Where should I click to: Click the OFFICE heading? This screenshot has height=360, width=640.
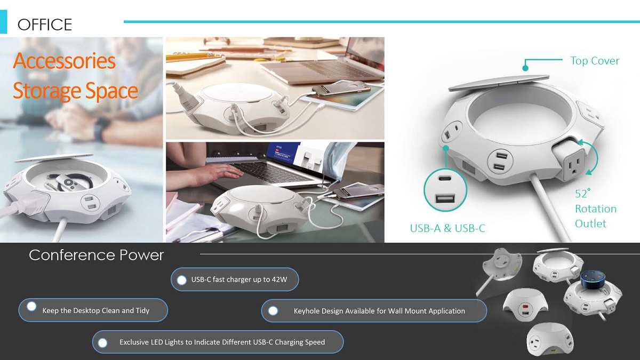(x=45, y=25)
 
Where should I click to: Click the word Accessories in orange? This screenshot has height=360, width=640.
(x=65, y=61)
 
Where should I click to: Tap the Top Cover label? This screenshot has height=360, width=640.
(x=595, y=61)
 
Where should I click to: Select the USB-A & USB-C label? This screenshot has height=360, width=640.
(x=447, y=228)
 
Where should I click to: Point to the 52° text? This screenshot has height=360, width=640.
(x=582, y=194)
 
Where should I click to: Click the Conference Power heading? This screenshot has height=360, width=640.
(x=97, y=255)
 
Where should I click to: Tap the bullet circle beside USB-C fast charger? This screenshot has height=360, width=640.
(x=182, y=280)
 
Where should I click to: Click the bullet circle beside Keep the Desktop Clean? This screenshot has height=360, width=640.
(x=31, y=307)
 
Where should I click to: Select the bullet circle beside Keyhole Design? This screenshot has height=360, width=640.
(x=273, y=311)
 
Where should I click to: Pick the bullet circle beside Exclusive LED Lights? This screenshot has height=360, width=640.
(x=102, y=342)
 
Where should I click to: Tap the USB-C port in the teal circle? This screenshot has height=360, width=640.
(x=445, y=179)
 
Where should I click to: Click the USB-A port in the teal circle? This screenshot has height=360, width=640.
(x=445, y=198)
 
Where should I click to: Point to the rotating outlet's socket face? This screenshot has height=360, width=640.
(x=575, y=165)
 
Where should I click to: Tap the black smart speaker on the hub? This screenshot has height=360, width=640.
(x=591, y=278)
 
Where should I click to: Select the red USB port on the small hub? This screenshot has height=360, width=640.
(x=525, y=307)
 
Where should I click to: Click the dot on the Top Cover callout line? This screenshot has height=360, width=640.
(x=525, y=68)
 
